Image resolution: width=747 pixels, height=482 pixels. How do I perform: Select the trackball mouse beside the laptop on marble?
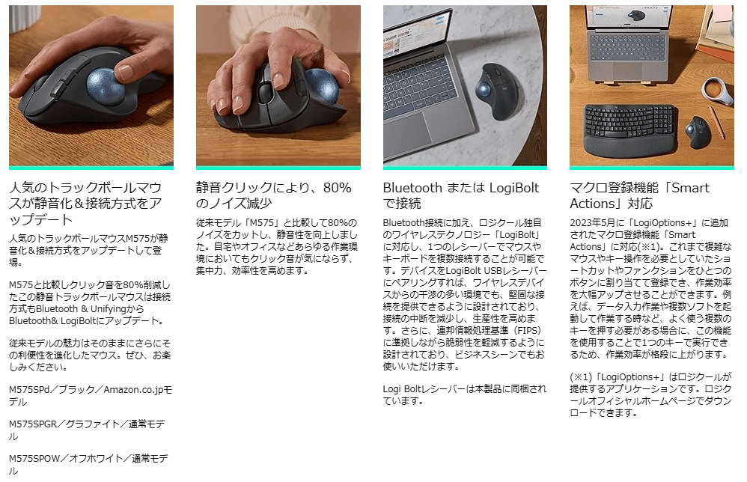tap(498, 91)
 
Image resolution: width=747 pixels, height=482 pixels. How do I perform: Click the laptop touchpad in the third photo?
tap(408, 132)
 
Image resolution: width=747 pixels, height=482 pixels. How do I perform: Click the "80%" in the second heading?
tap(337, 188)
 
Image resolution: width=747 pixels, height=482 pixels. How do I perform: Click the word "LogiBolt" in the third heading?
tap(514, 188)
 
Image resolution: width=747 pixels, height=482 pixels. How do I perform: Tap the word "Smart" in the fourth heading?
tap(690, 188)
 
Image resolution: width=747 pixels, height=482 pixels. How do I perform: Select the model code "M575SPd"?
tap(29, 390)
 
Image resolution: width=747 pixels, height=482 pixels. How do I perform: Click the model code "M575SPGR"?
tap(33, 424)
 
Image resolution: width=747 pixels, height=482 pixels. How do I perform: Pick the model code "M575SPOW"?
tap(34, 458)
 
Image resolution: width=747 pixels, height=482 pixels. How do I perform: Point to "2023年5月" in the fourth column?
tap(592, 222)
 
